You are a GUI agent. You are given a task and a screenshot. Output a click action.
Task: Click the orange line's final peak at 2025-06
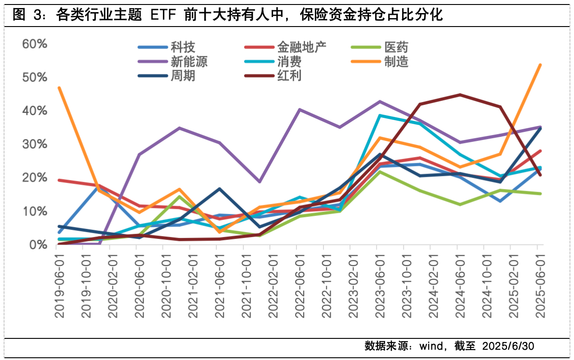pos(540,65)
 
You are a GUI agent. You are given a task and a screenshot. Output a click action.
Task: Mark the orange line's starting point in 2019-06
pos(59,88)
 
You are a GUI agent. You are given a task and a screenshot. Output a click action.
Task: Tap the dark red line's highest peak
pos(460,94)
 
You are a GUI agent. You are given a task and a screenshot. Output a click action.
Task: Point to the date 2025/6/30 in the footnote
pos(508,346)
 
